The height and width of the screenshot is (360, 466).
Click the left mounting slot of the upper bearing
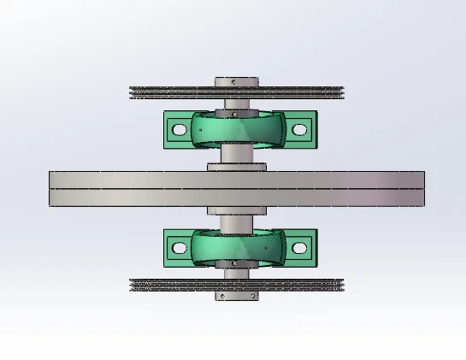(179, 130)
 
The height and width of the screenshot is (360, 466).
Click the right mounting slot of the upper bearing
(298, 130)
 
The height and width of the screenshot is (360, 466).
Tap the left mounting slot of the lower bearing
(179, 248)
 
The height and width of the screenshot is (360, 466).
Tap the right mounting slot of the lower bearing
(298, 248)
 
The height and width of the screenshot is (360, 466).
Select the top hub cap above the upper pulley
(235, 82)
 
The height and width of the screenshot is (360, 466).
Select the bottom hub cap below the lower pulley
(235, 296)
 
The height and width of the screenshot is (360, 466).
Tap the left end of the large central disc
(54, 189)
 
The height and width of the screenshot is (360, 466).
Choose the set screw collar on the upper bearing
(235, 111)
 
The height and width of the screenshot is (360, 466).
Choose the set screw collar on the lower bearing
(235, 265)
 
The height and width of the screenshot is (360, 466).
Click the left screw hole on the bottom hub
(221, 296)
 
